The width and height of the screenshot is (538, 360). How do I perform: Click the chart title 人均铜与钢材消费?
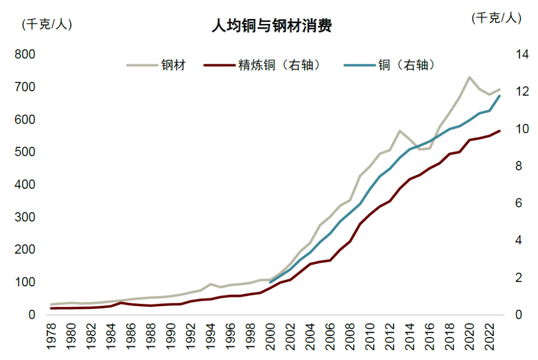click(x=271, y=25)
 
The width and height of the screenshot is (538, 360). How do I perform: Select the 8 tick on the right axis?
click(x=514, y=166)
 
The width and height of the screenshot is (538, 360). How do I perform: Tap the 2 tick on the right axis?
click(x=514, y=278)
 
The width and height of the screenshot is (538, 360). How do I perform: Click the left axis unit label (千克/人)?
click(x=47, y=24)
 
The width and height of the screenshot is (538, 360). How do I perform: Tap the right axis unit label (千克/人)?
click(x=496, y=18)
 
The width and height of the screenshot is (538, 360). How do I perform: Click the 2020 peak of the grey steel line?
click(x=469, y=77)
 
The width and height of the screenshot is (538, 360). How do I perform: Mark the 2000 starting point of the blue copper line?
click(x=270, y=282)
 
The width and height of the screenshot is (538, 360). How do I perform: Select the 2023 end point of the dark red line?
click(x=499, y=130)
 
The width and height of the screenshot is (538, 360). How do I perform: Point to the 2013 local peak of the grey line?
click(x=400, y=130)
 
